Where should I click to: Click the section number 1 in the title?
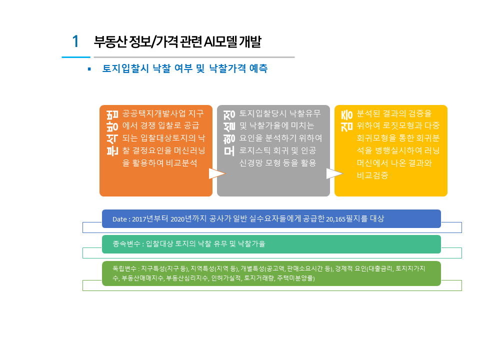75,41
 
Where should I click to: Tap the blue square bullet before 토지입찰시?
89,69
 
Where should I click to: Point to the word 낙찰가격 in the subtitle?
227,68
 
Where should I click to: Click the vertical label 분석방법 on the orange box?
112,133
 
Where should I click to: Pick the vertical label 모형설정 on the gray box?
229,133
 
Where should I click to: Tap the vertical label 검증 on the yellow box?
347,121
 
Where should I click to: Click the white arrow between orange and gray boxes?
216,173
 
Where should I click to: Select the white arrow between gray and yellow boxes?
334,173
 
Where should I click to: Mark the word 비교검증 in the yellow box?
372,175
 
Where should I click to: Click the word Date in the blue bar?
119,219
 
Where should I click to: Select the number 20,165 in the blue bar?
336,219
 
